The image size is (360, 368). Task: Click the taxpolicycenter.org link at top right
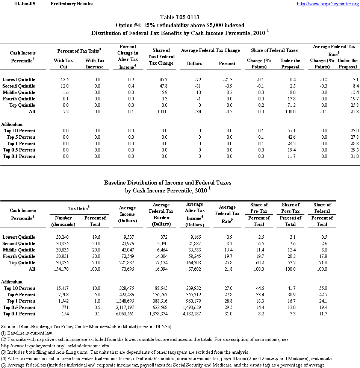(x=328, y=4)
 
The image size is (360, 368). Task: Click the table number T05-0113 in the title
(x=180, y=17)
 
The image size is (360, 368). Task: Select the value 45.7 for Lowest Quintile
(x=162, y=80)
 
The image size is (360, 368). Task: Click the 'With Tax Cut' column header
(x=64, y=64)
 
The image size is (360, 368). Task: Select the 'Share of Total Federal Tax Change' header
(x=162, y=57)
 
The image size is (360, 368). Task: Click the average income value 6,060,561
(x=127, y=314)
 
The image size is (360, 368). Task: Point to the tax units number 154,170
(x=63, y=269)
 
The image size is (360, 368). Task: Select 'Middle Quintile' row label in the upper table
(x=19, y=92)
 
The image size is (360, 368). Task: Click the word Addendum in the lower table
(x=12, y=282)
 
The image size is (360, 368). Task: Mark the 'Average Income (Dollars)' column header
(x=127, y=214)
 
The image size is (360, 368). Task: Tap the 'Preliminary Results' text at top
(x=71, y=4)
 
